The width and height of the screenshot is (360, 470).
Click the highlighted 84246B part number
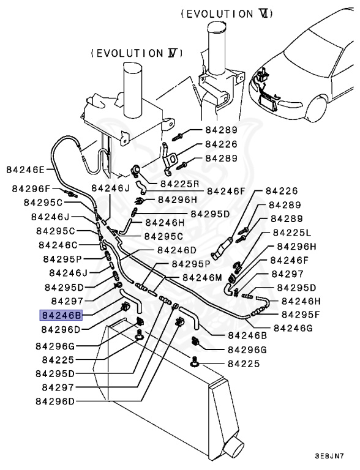point(61,315)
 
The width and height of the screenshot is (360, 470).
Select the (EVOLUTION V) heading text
point(137,53)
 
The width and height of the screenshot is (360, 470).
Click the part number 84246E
point(26,170)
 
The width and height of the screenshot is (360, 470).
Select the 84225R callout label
point(180,183)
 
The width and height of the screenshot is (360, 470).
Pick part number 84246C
point(59,245)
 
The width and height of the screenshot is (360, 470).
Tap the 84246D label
point(176,250)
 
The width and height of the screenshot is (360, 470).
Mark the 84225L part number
point(292,233)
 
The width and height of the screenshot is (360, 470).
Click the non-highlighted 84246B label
point(247,335)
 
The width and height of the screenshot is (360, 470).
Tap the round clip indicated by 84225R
point(137,171)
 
